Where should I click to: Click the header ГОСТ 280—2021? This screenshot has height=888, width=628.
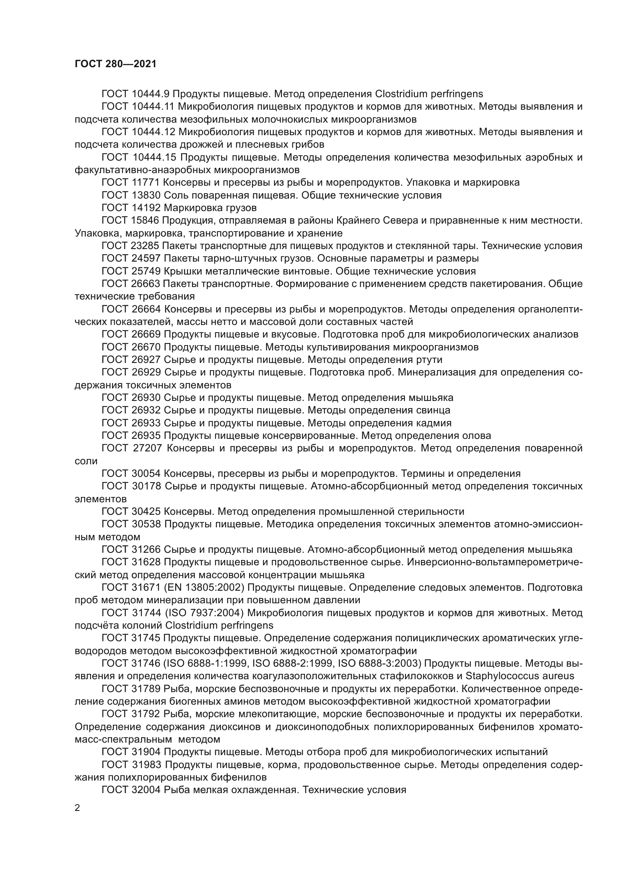click(x=116, y=64)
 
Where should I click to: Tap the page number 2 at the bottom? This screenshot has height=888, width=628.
click(x=77, y=808)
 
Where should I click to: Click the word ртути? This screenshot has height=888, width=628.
click(x=428, y=360)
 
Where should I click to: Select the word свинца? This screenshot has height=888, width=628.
click(x=434, y=410)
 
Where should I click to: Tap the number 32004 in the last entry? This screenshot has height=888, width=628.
click(x=146, y=790)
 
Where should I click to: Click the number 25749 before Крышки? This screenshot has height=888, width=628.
click(x=146, y=271)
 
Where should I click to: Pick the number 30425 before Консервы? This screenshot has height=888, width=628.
click(x=146, y=512)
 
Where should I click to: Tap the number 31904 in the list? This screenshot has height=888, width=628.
click(x=146, y=752)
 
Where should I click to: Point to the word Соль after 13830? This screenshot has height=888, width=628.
click(x=175, y=195)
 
